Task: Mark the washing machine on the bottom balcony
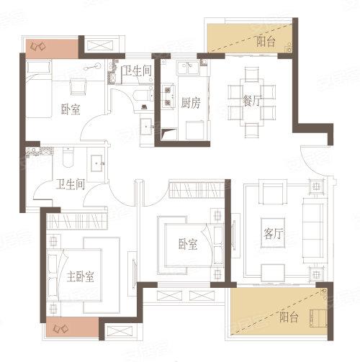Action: click(316, 317)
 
